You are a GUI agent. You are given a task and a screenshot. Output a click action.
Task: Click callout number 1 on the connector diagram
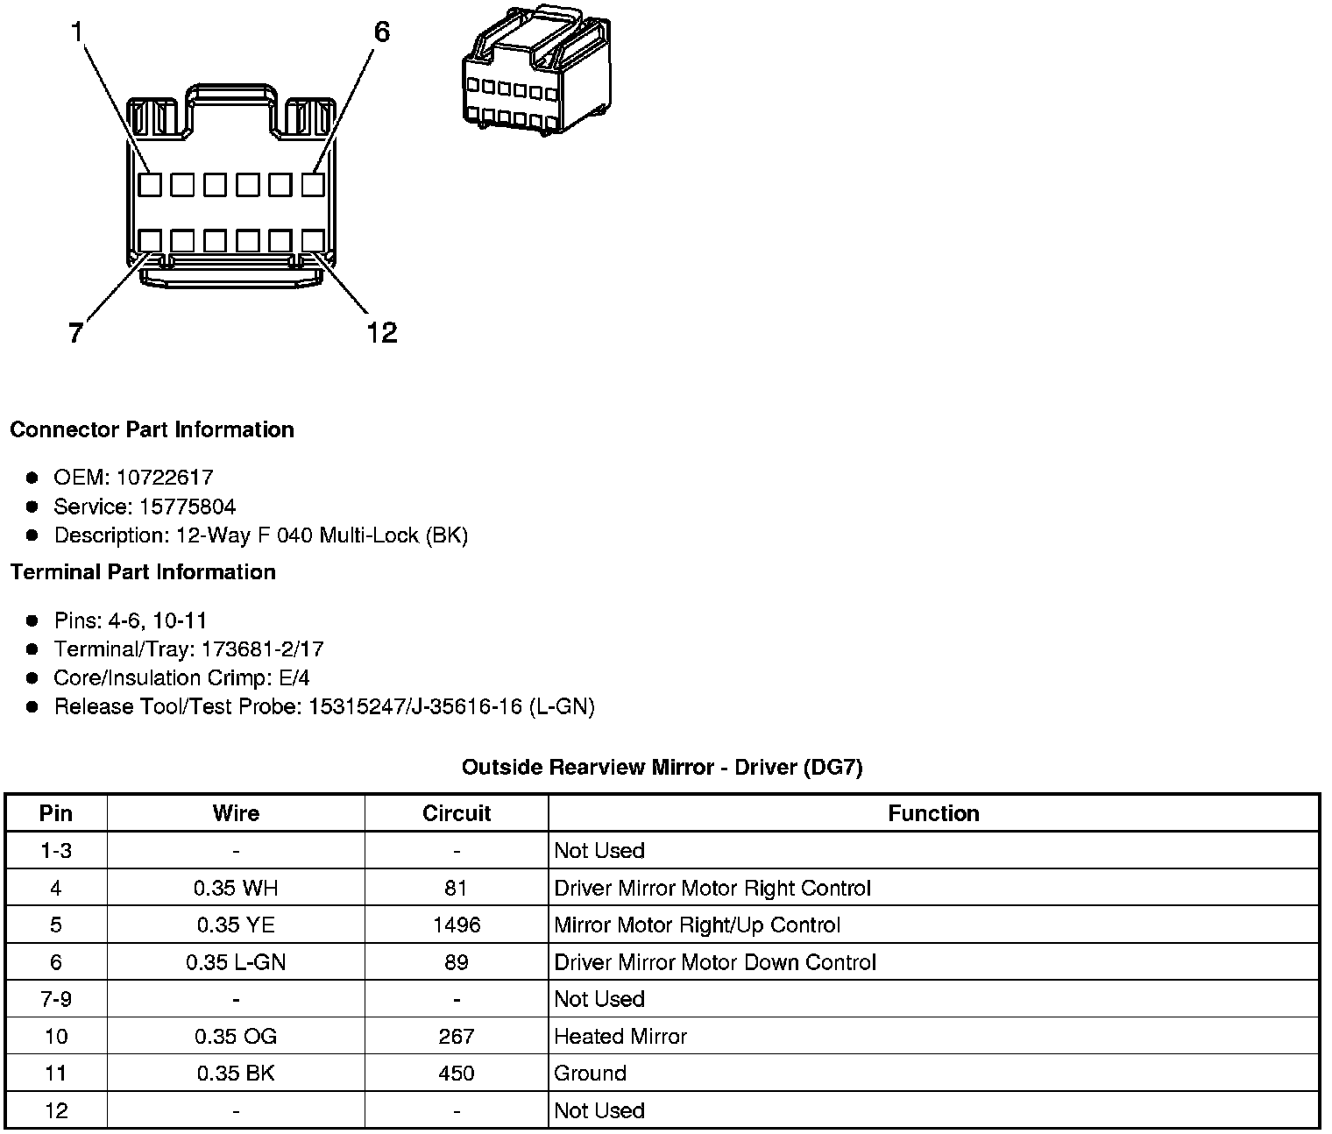coord(77,32)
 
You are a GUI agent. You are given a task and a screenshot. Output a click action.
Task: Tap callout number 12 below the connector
coord(381,332)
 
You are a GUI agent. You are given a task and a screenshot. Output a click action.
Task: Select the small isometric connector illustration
coord(536,71)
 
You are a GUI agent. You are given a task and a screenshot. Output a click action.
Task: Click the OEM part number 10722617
coord(165,478)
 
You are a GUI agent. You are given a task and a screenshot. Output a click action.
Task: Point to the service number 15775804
coord(188,507)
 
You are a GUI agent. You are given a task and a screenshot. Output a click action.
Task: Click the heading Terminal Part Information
coord(143,572)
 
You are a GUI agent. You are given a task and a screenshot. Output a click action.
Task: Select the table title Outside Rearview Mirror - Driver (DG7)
coord(662,768)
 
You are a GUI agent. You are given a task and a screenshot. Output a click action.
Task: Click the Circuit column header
coord(457,813)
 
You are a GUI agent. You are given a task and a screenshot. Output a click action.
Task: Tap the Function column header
coord(933,813)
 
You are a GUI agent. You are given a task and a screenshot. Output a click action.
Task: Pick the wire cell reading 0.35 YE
coord(236,925)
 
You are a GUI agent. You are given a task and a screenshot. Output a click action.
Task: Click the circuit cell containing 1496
coord(457,925)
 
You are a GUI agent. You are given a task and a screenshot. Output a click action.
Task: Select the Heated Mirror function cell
coord(620,1037)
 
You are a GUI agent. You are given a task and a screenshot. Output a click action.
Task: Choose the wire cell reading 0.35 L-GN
coord(236,962)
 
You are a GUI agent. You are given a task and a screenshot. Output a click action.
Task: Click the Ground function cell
coord(590,1074)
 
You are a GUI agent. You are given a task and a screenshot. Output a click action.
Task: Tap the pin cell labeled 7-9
coord(56,999)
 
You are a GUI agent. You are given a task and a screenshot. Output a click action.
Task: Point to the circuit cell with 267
coord(457,1037)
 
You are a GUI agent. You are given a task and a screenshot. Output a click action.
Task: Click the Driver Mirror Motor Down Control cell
coord(715,962)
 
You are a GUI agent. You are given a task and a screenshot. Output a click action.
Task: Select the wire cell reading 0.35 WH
coord(236,889)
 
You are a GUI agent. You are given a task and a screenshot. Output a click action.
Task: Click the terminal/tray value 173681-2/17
coord(262,649)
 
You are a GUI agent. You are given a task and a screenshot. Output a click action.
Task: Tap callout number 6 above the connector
coord(381,32)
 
